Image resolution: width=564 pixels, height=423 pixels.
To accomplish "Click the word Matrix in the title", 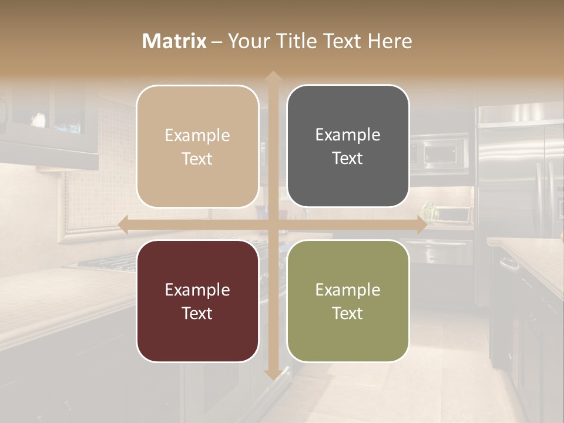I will click(x=174, y=41).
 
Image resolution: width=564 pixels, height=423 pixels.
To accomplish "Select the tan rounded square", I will click(x=197, y=146).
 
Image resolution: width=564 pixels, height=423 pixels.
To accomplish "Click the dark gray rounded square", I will click(x=348, y=146).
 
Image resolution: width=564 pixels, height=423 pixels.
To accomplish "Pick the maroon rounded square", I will click(x=197, y=301).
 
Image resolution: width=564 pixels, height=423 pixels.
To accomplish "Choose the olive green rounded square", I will click(x=348, y=301).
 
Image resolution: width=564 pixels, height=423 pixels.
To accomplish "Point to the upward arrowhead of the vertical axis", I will click(x=272, y=76).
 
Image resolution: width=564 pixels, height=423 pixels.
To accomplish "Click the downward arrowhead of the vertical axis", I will click(x=272, y=374).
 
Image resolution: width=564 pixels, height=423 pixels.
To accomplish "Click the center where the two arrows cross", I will click(x=272, y=225).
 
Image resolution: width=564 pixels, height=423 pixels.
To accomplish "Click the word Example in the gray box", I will click(x=348, y=135).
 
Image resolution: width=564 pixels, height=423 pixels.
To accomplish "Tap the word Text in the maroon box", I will click(x=197, y=313).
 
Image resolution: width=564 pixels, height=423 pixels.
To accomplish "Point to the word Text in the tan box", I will click(x=197, y=159).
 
